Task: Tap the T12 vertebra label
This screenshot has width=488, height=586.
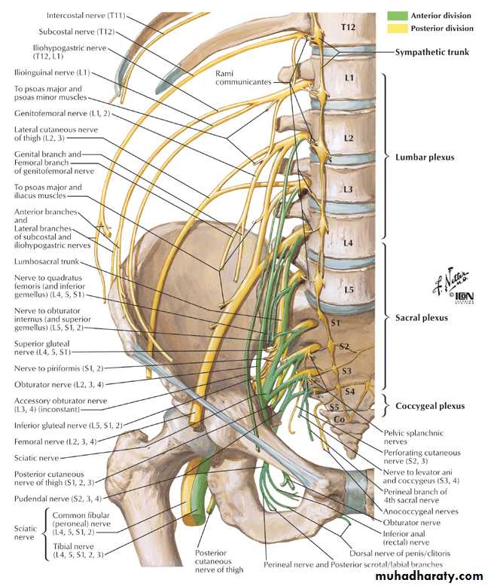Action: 347,26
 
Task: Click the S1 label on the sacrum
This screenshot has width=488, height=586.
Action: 337,322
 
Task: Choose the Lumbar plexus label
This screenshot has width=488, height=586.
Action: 429,157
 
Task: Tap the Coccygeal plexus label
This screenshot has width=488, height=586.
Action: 430,406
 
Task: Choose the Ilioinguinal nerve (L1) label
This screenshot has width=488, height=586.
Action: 52,73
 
